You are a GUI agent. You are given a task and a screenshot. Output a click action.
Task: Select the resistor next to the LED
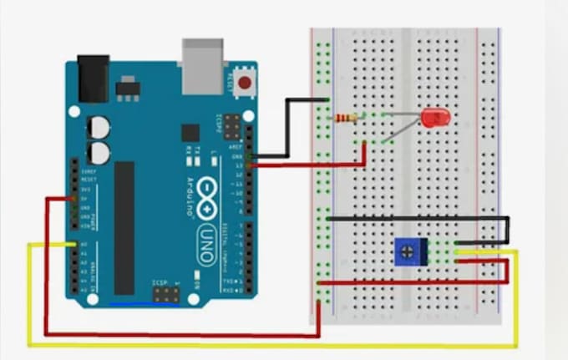point(346,119)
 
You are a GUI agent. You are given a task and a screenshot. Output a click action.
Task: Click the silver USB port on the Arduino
point(202,65)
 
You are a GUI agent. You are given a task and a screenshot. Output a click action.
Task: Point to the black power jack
point(93,78)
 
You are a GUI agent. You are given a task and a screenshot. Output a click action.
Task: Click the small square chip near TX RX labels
point(190,132)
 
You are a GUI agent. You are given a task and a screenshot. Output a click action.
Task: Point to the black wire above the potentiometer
point(418,219)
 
